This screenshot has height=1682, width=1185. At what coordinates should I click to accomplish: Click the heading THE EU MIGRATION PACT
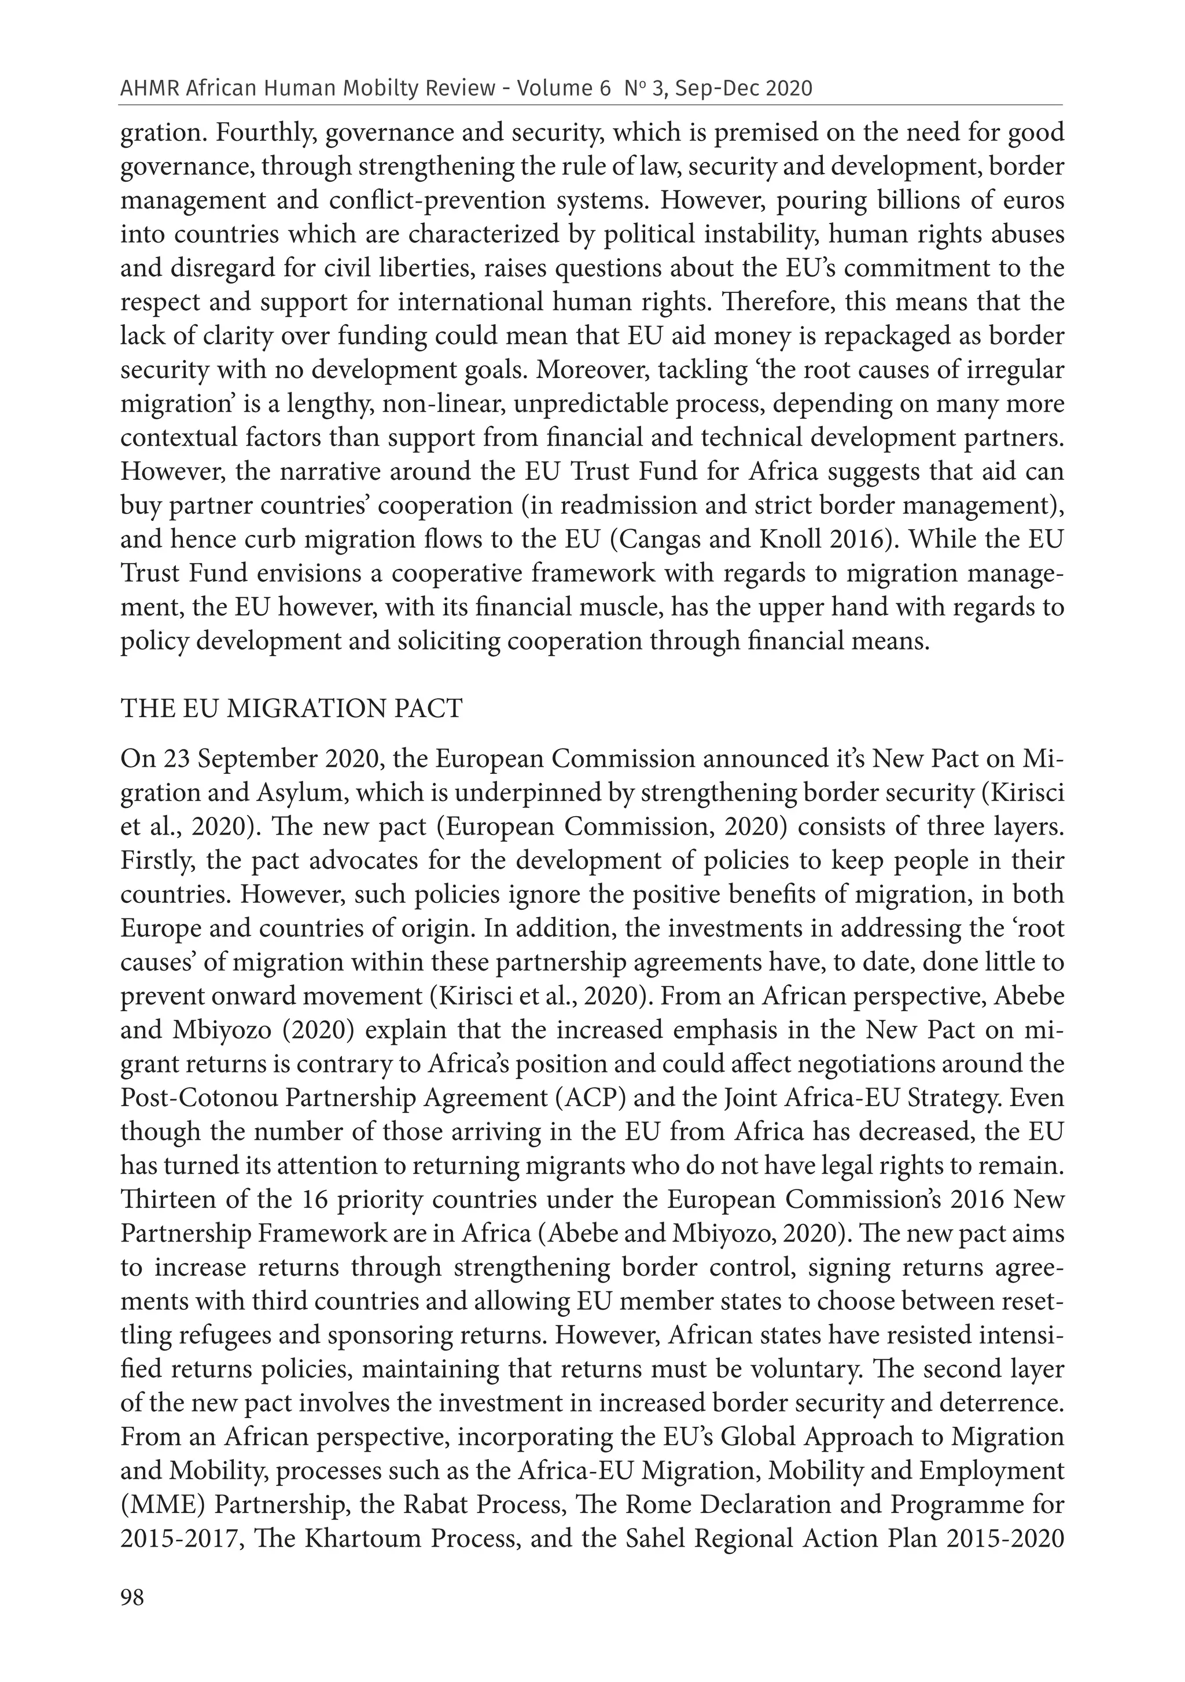point(292,709)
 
